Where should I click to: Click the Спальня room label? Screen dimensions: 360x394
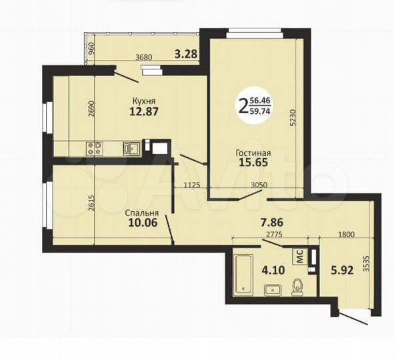tap(141, 214)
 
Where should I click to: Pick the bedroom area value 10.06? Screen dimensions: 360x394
tap(141, 223)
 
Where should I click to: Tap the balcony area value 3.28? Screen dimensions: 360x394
tap(186, 54)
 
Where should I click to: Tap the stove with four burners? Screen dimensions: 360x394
tap(93, 148)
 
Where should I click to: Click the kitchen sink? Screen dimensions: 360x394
tap(133, 148)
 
